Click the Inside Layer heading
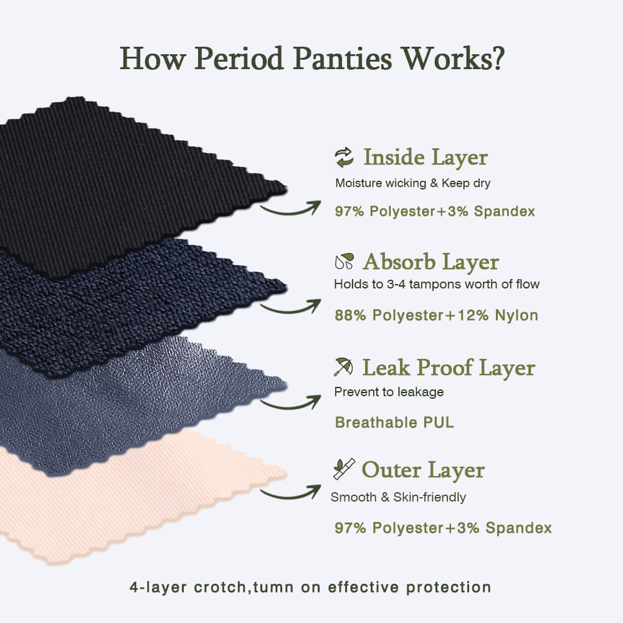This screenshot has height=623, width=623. click(426, 158)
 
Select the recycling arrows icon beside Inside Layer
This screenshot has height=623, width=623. click(344, 158)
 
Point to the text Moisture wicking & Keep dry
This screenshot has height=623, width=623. click(413, 183)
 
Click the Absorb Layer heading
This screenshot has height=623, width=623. click(431, 262)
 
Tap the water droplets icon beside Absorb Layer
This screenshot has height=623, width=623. click(344, 261)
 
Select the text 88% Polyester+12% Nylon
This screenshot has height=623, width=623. click(436, 315)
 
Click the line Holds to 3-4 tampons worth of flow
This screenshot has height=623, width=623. click(437, 284)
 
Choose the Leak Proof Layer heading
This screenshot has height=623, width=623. click(449, 368)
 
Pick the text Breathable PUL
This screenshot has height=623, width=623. click(394, 422)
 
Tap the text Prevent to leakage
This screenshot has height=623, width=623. click(389, 392)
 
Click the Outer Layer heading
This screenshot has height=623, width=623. click(423, 470)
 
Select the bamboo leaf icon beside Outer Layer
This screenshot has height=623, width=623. click(344, 469)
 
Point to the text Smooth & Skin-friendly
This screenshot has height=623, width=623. click(398, 497)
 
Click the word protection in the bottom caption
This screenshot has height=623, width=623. click(449, 587)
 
